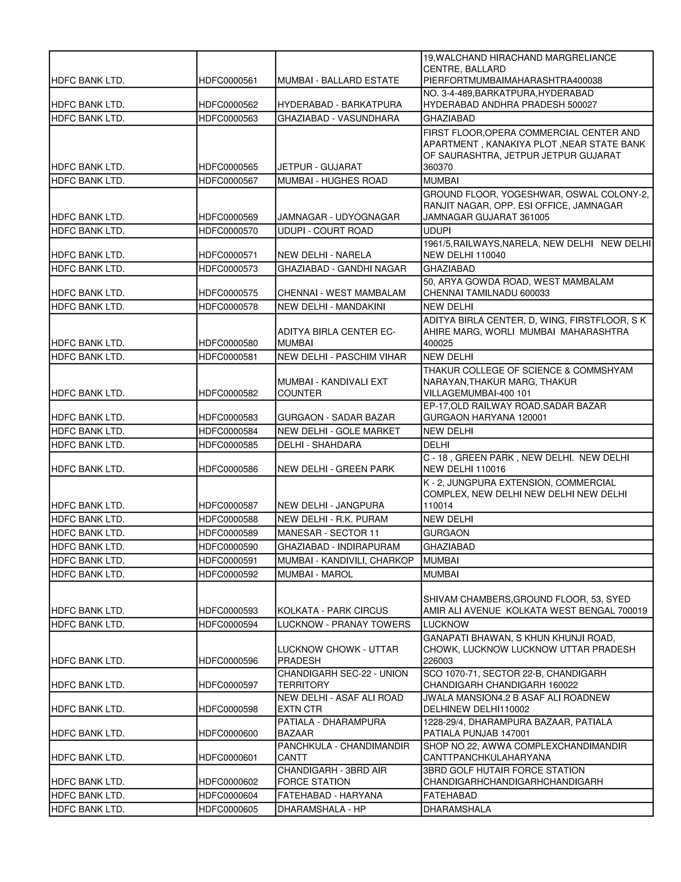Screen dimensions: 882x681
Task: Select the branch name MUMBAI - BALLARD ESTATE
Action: click(x=338, y=80)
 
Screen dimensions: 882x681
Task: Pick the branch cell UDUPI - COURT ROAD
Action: click(x=325, y=231)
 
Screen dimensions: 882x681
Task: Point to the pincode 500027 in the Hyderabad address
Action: click(x=582, y=105)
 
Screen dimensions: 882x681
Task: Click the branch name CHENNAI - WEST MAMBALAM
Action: click(x=341, y=293)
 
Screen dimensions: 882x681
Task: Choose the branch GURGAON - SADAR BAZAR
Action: click(x=336, y=417)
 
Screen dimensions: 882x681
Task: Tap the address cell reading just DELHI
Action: click(x=436, y=445)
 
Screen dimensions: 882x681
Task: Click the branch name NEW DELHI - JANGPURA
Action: click(x=331, y=505)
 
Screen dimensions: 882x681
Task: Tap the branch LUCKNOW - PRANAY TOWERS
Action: click(x=344, y=624)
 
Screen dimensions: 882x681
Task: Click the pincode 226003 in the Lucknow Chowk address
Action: click(x=438, y=660)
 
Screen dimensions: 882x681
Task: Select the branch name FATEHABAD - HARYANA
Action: click(x=330, y=795)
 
